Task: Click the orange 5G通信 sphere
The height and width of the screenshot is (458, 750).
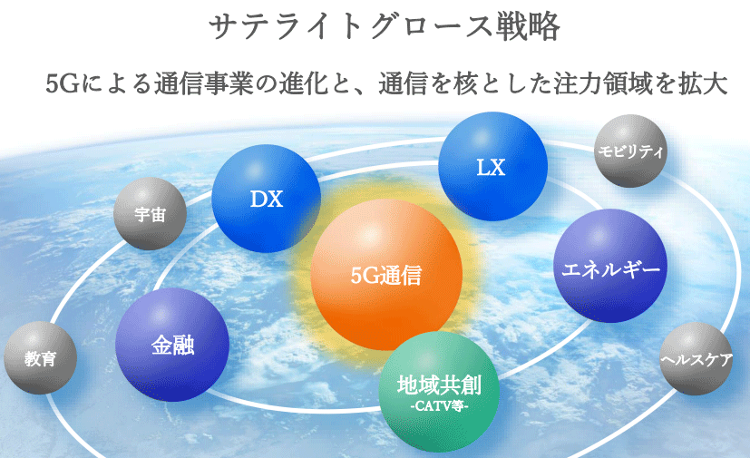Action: [x=386, y=275]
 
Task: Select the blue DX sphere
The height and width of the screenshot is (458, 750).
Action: [x=266, y=199]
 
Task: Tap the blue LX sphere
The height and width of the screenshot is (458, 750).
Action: [x=492, y=166]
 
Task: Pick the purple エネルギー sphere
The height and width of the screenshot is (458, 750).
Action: [x=610, y=266]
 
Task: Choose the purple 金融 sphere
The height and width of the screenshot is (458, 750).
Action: [x=172, y=345]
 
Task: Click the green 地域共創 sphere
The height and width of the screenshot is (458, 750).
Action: [x=439, y=392]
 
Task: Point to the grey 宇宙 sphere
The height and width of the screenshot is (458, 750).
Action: [x=150, y=213]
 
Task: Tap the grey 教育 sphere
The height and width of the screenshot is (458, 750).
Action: [x=40, y=357]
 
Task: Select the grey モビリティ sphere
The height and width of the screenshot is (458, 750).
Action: [x=630, y=151]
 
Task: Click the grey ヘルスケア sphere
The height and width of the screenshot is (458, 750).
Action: [x=696, y=358]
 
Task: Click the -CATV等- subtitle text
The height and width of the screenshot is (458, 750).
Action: [x=440, y=406]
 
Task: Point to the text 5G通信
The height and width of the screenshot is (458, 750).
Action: [x=386, y=275]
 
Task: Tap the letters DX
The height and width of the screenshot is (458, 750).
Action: [x=267, y=200]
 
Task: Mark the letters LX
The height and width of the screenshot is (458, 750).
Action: [x=492, y=168]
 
